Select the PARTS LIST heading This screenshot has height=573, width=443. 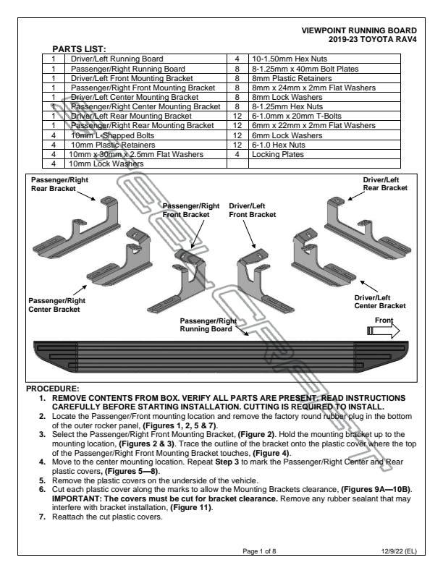(x=80, y=48)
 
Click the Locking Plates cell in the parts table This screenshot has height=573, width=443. (x=274, y=154)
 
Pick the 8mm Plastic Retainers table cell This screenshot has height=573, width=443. (x=284, y=78)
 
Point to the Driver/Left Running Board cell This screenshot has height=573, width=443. (x=117, y=59)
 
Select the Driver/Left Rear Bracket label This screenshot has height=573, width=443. (x=386, y=183)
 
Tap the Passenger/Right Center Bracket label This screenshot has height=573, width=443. (x=54, y=305)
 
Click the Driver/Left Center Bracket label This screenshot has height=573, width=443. (x=380, y=302)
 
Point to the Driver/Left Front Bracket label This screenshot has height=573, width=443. (x=253, y=210)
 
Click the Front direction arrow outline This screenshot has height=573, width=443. (x=384, y=331)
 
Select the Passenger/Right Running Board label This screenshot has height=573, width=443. (x=208, y=325)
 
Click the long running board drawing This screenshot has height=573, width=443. (x=217, y=354)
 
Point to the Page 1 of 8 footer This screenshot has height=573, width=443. (x=262, y=551)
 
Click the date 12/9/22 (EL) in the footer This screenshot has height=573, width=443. (x=397, y=551)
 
